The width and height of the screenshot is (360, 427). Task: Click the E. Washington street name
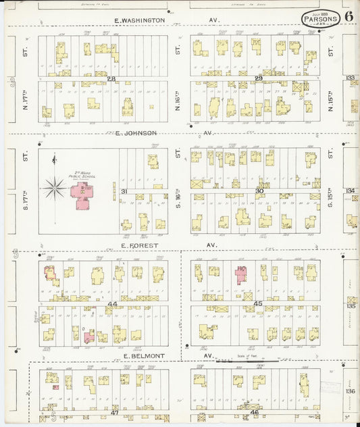coord(139,20)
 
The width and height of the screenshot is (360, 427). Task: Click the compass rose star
coord(53,187)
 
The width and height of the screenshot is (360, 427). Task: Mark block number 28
coord(111,79)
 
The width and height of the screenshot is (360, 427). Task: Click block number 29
coord(259,79)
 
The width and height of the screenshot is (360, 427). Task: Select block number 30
coord(259,191)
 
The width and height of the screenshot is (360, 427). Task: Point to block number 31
coord(124,191)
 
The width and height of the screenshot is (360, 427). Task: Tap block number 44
coord(111,304)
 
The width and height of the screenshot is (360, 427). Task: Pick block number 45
coord(258,304)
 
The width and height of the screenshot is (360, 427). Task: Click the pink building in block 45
coord(240,274)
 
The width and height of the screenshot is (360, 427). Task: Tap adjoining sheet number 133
coord(350,78)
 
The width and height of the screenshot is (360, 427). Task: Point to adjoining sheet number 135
coord(350,305)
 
